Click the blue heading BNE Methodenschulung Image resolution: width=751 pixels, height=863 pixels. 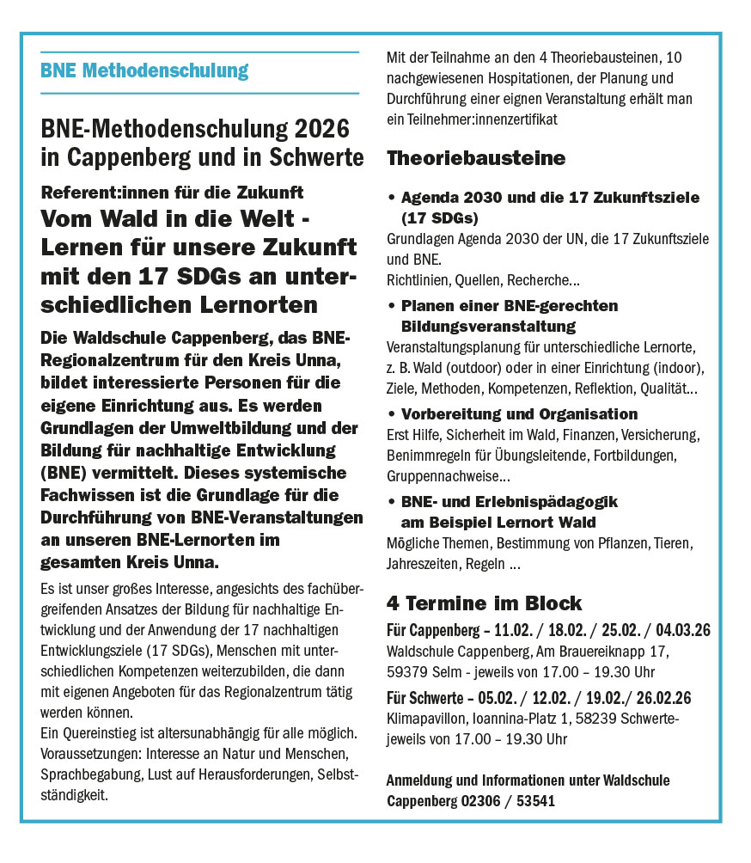coord(144,70)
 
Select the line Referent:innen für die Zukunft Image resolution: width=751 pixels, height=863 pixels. coord(172,193)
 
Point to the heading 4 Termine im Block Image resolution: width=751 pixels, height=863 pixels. coord(485,603)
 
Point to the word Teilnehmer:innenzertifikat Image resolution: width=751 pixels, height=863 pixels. coord(484,119)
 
